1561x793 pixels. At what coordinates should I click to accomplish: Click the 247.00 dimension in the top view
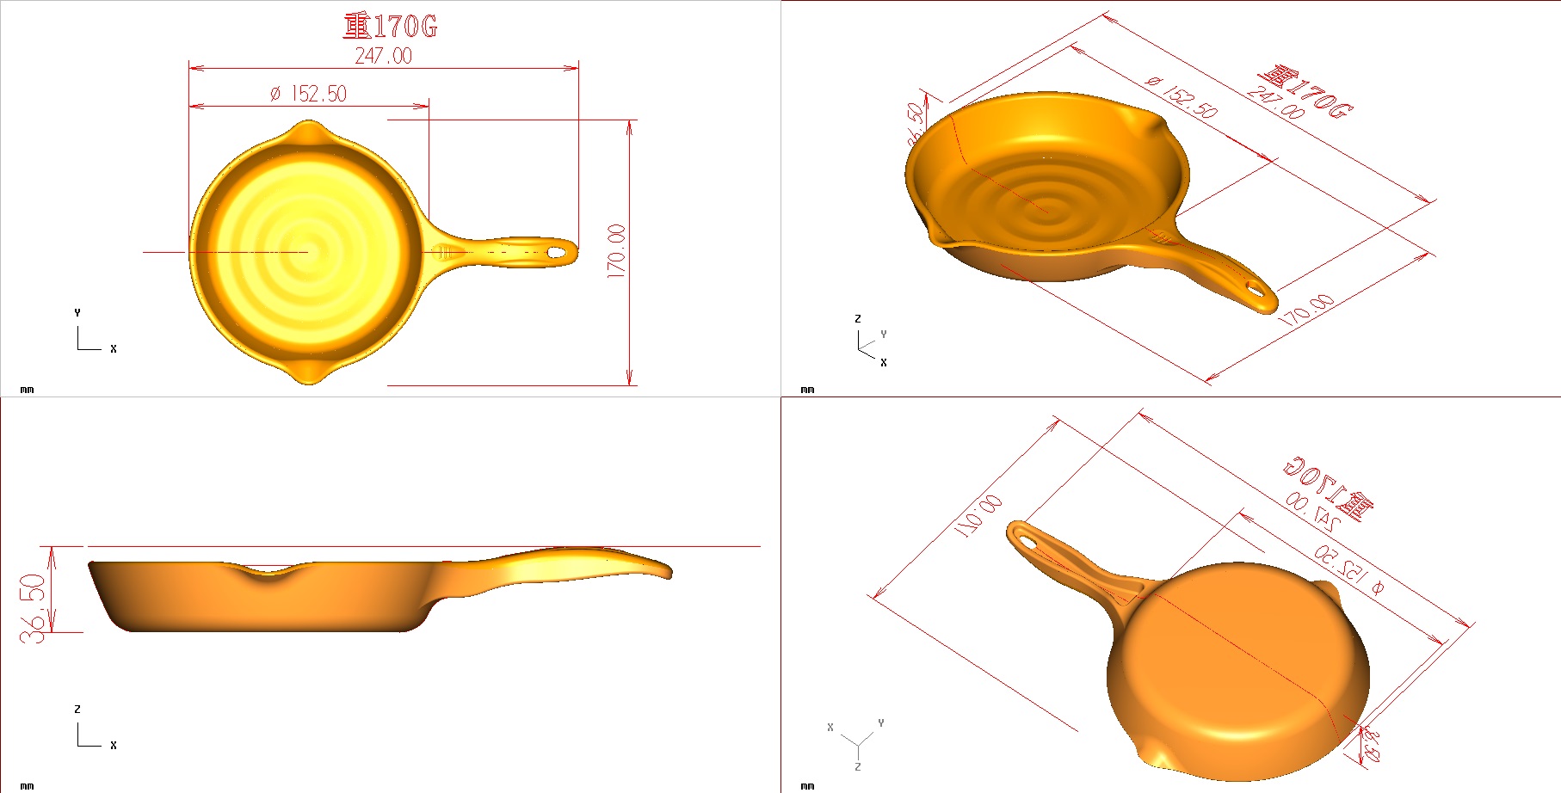383,56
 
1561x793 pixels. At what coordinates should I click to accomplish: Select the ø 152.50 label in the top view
308,94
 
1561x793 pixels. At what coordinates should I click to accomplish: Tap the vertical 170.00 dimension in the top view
616,250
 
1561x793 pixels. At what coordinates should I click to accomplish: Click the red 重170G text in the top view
390,27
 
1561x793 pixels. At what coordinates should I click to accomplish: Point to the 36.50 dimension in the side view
33,607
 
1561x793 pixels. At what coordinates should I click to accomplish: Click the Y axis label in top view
77,313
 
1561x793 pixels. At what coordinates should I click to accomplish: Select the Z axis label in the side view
77,710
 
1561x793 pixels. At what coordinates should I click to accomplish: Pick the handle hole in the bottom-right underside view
1025,538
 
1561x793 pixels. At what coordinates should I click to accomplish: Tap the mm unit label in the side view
27,785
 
